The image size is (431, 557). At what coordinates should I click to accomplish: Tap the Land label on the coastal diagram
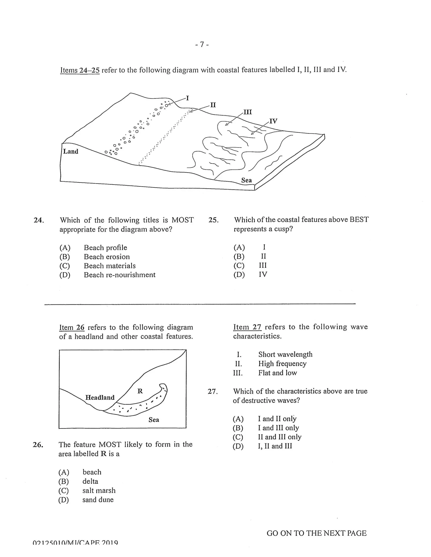71,152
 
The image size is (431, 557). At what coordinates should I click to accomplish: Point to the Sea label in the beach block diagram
246,180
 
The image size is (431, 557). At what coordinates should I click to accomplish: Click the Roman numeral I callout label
188,98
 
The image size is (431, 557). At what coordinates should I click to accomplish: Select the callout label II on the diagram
213,105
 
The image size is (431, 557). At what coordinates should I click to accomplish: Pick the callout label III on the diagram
248,112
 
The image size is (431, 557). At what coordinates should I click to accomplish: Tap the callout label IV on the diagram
273,121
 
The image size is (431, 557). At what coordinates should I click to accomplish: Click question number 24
39,220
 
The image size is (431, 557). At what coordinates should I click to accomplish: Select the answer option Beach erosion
107,257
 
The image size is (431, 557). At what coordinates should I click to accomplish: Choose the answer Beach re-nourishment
120,275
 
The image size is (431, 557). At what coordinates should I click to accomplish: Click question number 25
213,220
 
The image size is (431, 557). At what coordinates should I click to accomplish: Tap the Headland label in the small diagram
100,398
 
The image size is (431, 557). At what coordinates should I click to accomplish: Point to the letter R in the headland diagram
140,391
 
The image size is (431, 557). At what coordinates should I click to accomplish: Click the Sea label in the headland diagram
154,420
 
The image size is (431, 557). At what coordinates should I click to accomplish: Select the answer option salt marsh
99,490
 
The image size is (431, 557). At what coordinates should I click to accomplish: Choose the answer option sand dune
98,500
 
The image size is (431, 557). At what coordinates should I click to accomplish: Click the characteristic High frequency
282,364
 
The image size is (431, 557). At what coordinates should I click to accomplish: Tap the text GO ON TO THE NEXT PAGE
316,533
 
